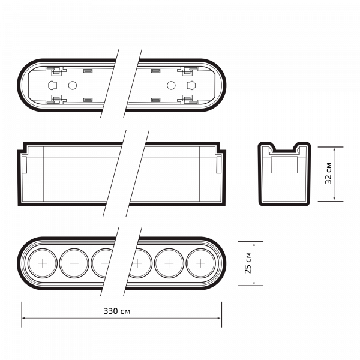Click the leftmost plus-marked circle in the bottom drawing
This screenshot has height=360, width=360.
coord(43,263)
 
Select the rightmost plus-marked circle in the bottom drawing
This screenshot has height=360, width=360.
coord(200,263)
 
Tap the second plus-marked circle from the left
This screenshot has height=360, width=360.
coord(74,263)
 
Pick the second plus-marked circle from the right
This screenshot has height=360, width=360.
coord(169,263)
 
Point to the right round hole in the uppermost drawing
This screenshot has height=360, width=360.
coord(170,84)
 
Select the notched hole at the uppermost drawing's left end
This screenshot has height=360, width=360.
coord(53,83)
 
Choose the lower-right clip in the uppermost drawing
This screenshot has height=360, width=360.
coord(186,97)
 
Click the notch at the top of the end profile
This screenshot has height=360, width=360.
coord(284,147)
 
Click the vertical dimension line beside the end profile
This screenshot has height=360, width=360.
coord(334,174)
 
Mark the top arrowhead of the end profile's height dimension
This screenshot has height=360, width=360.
coord(334,148)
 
